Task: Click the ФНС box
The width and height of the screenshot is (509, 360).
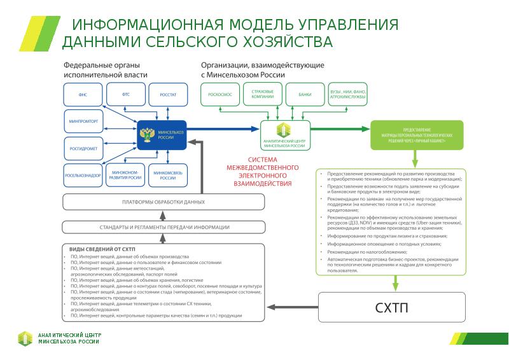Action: (x=83, y=94)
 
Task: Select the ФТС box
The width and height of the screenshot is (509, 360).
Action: (x=126, y=94)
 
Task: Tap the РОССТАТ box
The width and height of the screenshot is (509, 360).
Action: (x=167, y=95)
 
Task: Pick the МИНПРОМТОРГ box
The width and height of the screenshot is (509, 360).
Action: (x=83, y=121)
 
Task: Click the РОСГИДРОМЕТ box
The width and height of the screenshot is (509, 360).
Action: (x=83, y=148)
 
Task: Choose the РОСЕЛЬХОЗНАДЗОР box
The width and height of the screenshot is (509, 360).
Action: (x=83, y=175)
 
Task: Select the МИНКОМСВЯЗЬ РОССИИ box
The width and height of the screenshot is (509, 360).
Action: (x=167, y=175)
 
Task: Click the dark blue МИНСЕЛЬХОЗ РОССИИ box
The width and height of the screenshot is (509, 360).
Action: (x=162, y=135)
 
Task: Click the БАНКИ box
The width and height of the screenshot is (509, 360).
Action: (x=305, y=95)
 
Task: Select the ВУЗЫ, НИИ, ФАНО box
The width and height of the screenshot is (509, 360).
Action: (x=347, y=95)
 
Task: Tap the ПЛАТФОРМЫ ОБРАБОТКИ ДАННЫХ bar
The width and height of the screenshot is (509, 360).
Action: (x=164, y=202)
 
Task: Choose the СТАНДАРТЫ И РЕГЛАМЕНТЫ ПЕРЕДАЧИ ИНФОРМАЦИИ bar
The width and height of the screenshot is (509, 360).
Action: (x=164, y=227)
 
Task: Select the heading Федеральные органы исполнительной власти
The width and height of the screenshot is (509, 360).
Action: (x=105, y=70)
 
